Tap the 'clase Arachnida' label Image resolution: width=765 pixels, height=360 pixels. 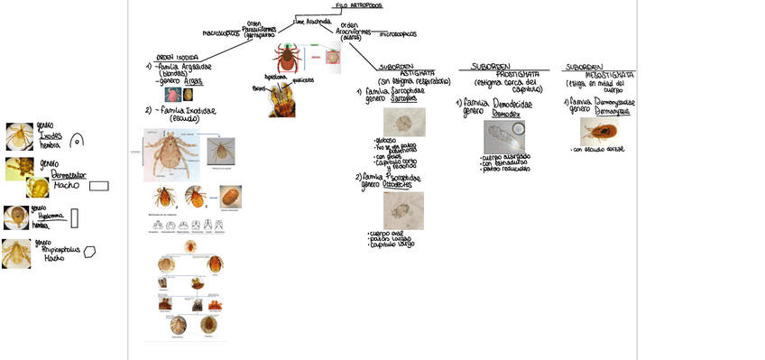coord(312,22)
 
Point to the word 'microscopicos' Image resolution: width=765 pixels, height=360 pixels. coord(398,34)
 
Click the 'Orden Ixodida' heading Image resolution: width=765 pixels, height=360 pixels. coord(178,56)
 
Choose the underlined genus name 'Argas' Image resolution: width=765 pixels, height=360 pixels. coord(193,80)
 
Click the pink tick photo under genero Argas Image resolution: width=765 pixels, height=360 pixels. coord(171,94)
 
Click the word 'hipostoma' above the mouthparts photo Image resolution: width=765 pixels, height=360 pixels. coord(276,78)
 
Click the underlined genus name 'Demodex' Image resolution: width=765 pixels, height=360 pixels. coord(506,115)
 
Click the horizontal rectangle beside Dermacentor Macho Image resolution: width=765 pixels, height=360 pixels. coord(99,187)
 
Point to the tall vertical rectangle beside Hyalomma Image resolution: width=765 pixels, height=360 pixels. coord(75,217)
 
